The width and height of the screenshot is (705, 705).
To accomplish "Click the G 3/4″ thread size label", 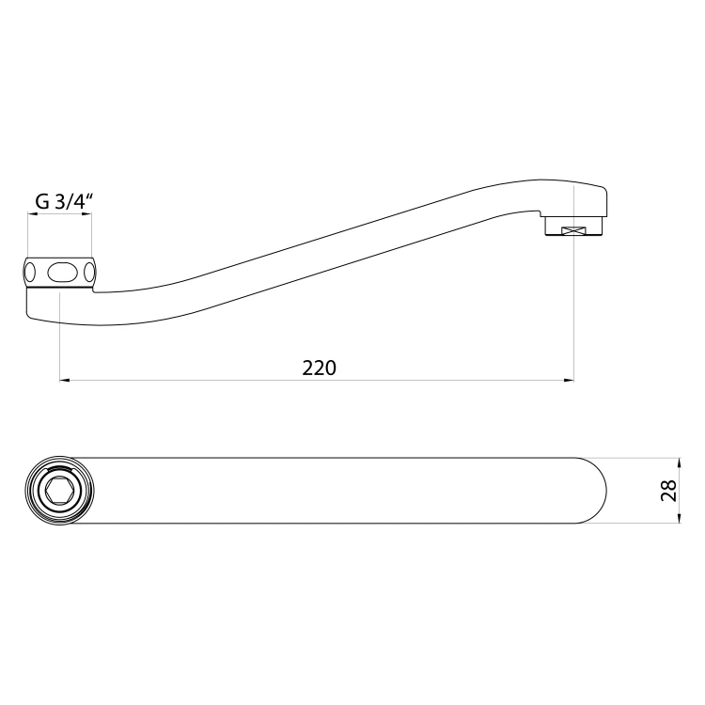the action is [64, 202].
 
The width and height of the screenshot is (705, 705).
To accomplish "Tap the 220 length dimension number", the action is [319, 368].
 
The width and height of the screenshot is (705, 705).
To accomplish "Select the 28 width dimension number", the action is [669, 491].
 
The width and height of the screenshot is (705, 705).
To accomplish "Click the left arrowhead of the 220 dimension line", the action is [65, 381].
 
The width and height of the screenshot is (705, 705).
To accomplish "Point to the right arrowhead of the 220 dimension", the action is [569, 381].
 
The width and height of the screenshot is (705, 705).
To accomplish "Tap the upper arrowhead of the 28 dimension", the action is [679, 463].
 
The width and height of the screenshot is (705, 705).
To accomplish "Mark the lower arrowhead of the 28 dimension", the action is [679, 518].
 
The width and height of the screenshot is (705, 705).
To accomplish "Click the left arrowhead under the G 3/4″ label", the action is [32, 214].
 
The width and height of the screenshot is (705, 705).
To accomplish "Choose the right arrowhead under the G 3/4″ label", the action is [86, 214].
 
